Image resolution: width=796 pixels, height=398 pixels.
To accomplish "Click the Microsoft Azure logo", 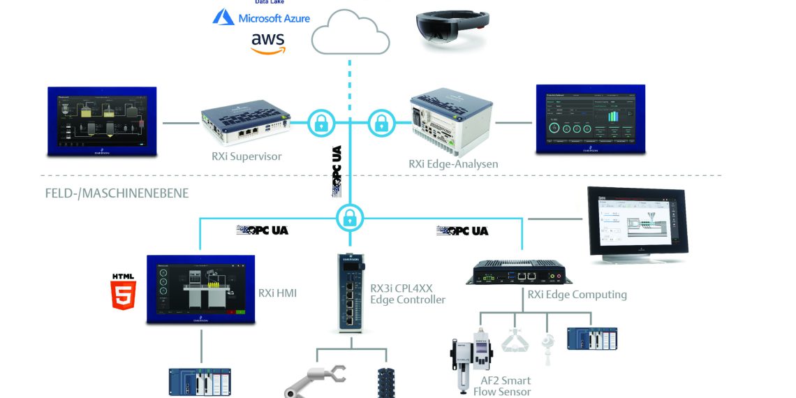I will click(261, 17).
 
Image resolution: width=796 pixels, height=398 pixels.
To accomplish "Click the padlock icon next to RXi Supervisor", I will click(320, 124).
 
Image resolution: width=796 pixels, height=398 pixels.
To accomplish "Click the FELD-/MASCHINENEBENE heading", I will click(116, 193).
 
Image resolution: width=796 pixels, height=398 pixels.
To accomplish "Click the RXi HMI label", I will click(277, 293).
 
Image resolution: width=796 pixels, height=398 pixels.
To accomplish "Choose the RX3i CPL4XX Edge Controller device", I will click(351, 293).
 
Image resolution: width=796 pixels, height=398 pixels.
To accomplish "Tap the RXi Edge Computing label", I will click(577, 295).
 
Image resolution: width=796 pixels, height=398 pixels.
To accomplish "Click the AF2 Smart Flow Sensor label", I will click(506, 386).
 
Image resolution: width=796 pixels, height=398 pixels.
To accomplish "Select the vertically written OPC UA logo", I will click(337, 172).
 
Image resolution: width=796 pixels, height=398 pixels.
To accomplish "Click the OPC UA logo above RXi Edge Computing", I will click(462, 230).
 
